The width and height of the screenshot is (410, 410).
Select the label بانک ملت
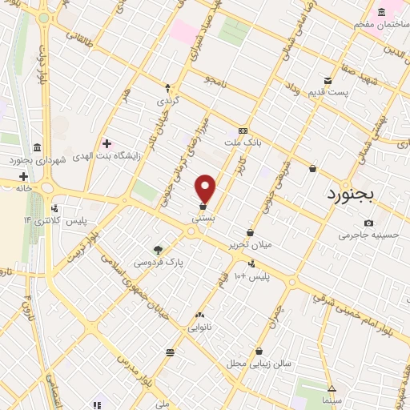point(249,142)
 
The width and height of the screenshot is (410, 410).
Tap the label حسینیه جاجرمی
point(368,235)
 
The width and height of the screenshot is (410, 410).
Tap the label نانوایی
point(199,327)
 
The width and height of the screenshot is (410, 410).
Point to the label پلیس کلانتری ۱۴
point(60,219)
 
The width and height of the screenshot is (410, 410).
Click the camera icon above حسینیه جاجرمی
point(368,223)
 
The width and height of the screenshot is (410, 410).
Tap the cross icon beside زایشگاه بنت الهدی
point(107,143)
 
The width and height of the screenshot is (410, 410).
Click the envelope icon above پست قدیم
point(328,80)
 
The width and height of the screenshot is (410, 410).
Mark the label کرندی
point(168,102)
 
